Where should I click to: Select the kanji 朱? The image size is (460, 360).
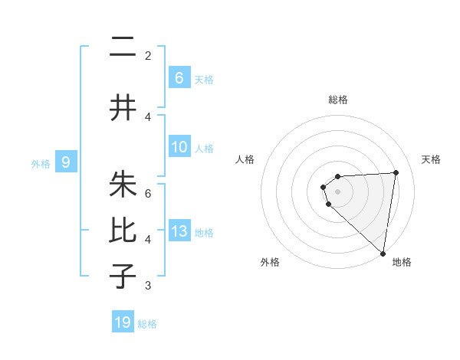(x=123, y=185)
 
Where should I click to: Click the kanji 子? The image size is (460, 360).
(x=123, y=276)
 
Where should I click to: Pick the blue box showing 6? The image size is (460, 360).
(x=179, y=77)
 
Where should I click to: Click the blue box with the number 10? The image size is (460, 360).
(x=179, y=147)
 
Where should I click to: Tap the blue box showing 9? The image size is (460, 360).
(x=66, y=162)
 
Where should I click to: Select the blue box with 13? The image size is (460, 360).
(x=179, y=231)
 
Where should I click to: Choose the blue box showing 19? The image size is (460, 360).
(x=123, y=322)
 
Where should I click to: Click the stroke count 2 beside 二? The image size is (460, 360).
(x=148, y=55)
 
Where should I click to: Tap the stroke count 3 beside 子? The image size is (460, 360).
(x=148, y=286)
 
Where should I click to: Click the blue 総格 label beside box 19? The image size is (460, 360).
(x=147, y=324)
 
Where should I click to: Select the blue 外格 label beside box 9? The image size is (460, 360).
(x=40, y=163)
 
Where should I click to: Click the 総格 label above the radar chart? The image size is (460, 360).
(x=337, y=100)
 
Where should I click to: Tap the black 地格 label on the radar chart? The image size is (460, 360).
(x=402, y=262)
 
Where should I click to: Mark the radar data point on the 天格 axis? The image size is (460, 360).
(x=396, y=172)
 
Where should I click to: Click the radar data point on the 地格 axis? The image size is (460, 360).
(x=383, y=254)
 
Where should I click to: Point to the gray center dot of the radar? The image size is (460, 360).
(x=337, y=191)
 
